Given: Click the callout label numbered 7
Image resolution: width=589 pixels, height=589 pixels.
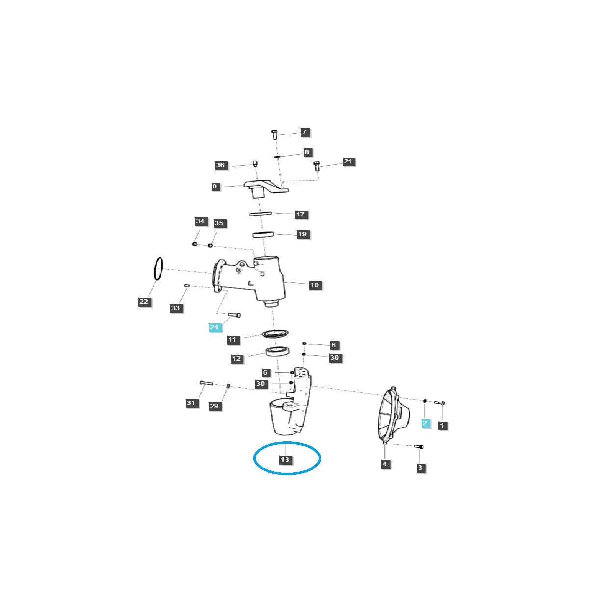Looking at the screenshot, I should point(304,132).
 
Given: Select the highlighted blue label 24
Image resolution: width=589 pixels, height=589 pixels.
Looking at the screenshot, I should point(214,327).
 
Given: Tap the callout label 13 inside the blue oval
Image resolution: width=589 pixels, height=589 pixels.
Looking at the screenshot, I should point(285,460).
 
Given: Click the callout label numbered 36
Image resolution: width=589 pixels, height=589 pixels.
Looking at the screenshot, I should point(221,165).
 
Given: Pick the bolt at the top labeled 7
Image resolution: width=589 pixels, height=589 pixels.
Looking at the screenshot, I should point(275,134).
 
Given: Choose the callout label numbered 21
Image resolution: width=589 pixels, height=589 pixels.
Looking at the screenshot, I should point(348,161).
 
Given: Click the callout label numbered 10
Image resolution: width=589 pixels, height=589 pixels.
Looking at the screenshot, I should point(315,285).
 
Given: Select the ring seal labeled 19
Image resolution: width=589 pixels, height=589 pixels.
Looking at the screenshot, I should point(263,235).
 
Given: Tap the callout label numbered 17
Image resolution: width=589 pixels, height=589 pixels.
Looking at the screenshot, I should point(300,214).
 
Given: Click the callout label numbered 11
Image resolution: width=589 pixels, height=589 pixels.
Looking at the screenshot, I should point(232,339).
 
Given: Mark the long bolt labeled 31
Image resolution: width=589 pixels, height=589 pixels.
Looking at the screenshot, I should point(205,383).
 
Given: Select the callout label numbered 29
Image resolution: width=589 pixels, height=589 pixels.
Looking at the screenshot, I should point(214,406).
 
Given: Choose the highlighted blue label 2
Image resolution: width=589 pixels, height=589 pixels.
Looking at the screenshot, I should point(426,423).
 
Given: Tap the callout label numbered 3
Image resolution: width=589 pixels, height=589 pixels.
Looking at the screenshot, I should point(420,468).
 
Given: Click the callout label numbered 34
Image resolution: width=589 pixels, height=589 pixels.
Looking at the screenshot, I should point(200,221).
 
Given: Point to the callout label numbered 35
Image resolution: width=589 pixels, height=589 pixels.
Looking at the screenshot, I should point(219,223).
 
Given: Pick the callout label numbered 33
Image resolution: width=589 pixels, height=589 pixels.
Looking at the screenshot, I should point(176,308).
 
